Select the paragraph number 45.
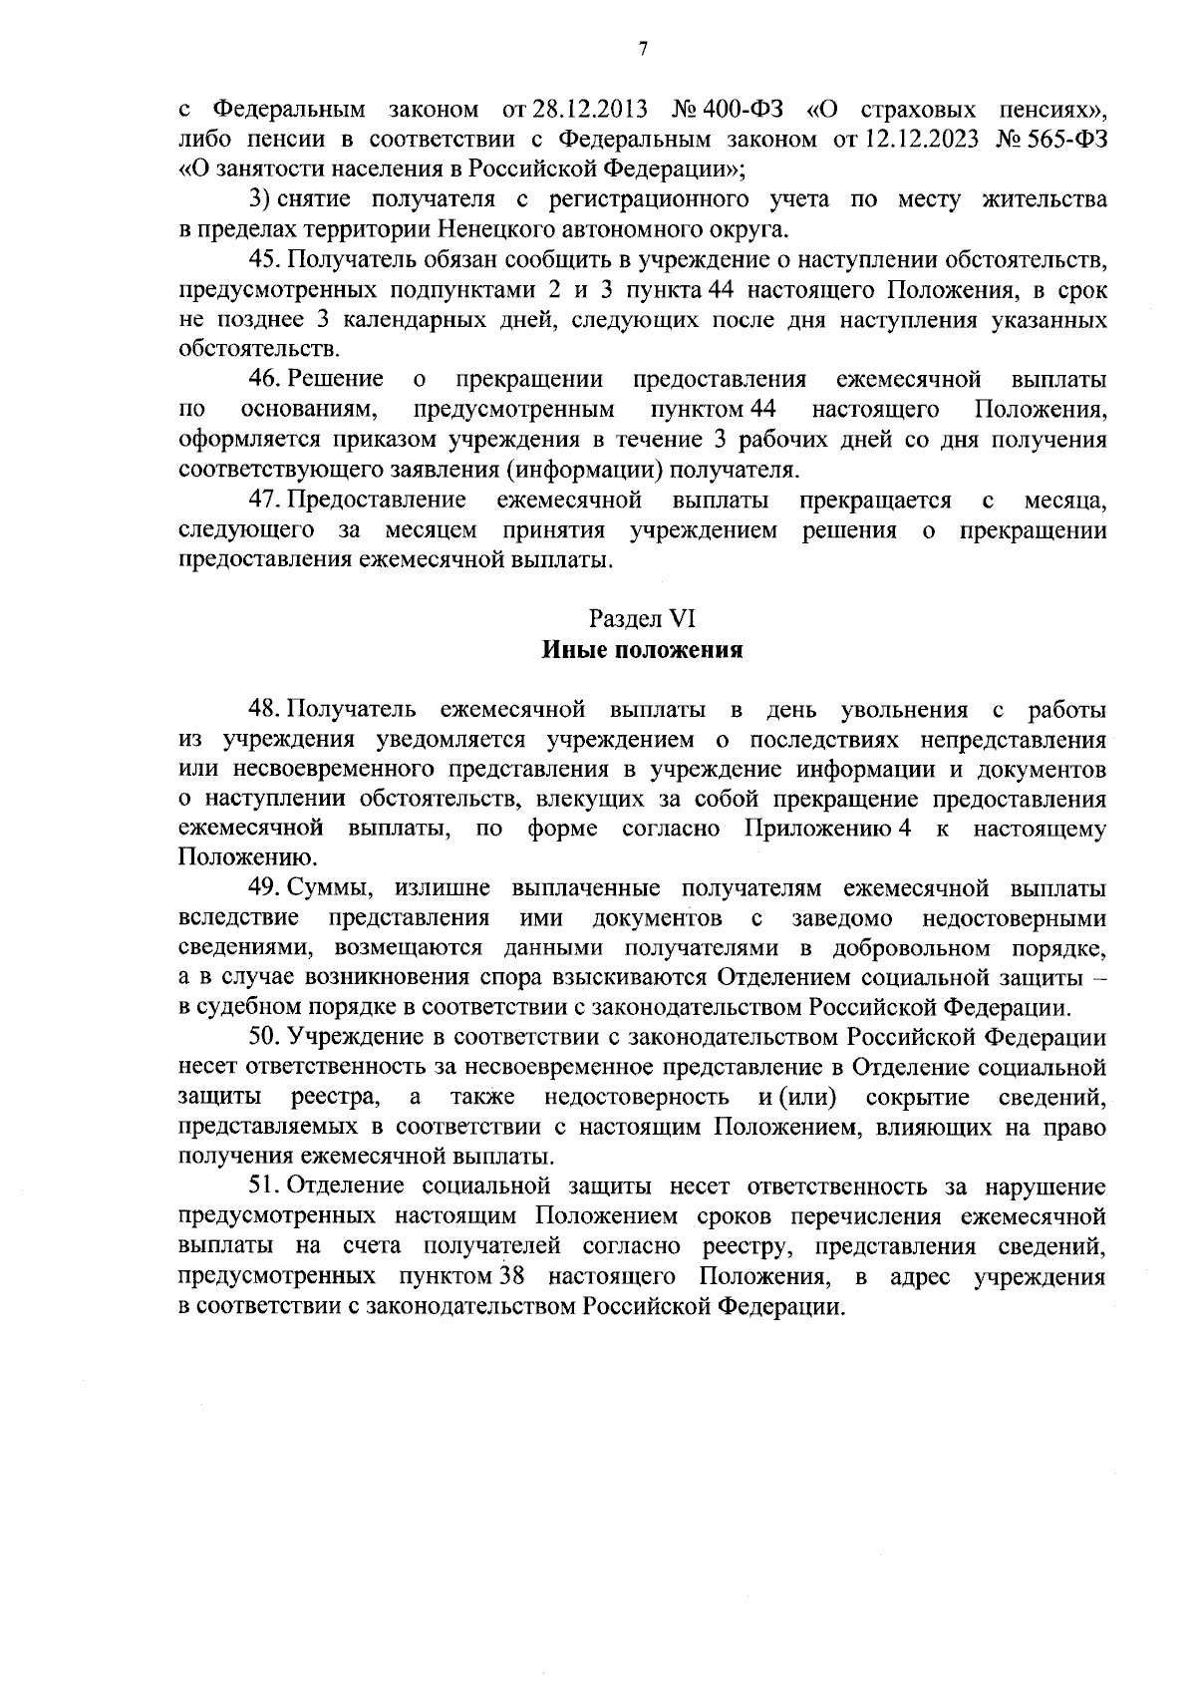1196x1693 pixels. (265, 260)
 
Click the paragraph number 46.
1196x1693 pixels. (265, 380)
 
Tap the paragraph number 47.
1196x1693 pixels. (265, 500)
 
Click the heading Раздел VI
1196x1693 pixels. (642, 619)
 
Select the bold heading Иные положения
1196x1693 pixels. (643, 651)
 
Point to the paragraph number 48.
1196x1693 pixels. (265, 711)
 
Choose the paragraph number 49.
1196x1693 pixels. (265, 888)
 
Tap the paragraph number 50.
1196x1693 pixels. (265, 1038)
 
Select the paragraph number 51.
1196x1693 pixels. (265, 1186)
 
